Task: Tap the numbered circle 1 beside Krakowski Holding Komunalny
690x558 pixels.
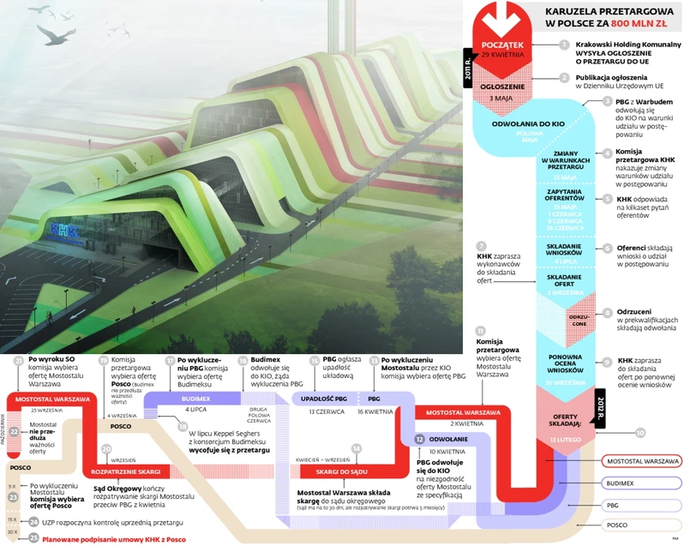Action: (563, 45)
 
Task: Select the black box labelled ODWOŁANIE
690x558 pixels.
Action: (447, 438)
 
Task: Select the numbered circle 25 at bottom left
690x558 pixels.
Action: (33, 538)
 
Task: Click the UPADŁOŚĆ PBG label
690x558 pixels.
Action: (324, 399)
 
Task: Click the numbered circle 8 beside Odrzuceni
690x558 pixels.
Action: (607, 313)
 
